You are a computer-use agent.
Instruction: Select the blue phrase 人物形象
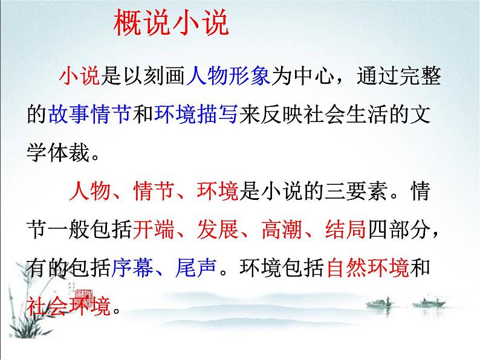229,77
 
